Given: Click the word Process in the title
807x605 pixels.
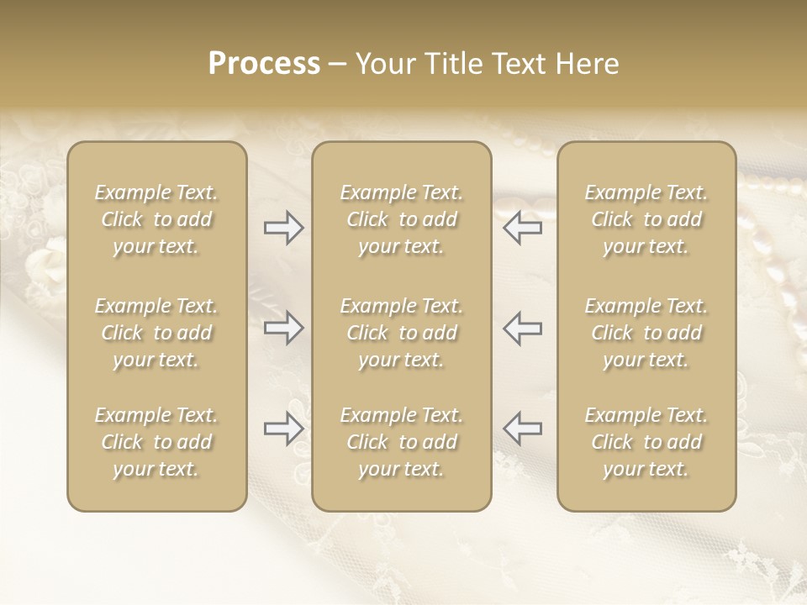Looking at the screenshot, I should tap(264, 64).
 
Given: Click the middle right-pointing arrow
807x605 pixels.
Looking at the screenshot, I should tap(284, 328).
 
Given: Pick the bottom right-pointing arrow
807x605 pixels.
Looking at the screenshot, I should tap(284, 429).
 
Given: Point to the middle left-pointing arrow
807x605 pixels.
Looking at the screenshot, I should tap(522, 328).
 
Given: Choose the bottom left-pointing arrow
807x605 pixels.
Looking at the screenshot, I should tap(522, 429).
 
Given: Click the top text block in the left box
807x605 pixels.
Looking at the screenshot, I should tap(156, 219).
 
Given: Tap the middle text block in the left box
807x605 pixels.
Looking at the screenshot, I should tap(156, 333).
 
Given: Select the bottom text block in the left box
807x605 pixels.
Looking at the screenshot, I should tap(156, 442).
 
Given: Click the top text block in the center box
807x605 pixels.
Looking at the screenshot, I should tap(401, 219).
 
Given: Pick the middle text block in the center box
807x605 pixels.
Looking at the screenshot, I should tap(401, 333).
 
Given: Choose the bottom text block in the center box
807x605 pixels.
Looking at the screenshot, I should tap(401, 442).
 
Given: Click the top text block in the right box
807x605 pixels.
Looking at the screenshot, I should tap(646, 219).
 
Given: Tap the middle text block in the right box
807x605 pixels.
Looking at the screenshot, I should tap(646, 333).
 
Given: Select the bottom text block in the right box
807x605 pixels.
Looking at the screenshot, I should tap(646, 442).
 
